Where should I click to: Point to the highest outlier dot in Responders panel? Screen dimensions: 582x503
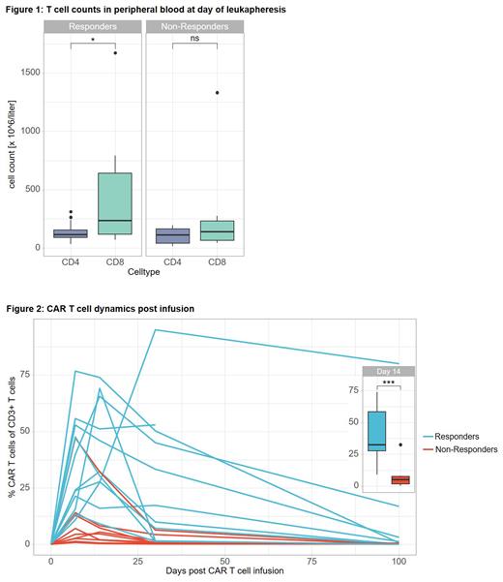[x=115, y=53]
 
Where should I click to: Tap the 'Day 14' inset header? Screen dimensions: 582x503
[x=388, y=371]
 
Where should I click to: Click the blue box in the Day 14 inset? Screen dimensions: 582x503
[x=376, y=430]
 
